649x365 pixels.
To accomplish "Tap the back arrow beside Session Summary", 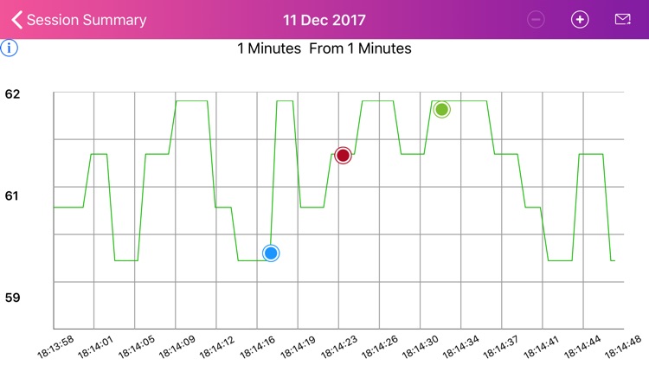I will (x=16, y=20).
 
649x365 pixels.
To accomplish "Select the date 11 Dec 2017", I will (x=324, y=20).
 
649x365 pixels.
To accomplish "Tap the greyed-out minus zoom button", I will (x=537, y=20).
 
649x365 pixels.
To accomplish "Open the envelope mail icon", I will (x=622, y=20).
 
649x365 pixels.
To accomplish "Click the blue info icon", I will (x=10, y=48).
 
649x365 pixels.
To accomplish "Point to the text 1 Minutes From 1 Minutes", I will (x=324, y=48).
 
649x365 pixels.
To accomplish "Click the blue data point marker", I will (x=271, y=253).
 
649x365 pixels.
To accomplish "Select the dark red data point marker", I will (x=343, y=156).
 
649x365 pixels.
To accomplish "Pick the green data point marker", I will (x=441, y=110).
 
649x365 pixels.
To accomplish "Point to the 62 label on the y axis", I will (x=12, y=93).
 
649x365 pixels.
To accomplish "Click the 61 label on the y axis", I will (x=12, y=195).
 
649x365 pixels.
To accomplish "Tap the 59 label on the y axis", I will (x=12, y=298).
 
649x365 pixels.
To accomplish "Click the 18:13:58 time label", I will (x=56, y=347).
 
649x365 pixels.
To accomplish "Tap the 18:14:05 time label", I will (x=137, y=347).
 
